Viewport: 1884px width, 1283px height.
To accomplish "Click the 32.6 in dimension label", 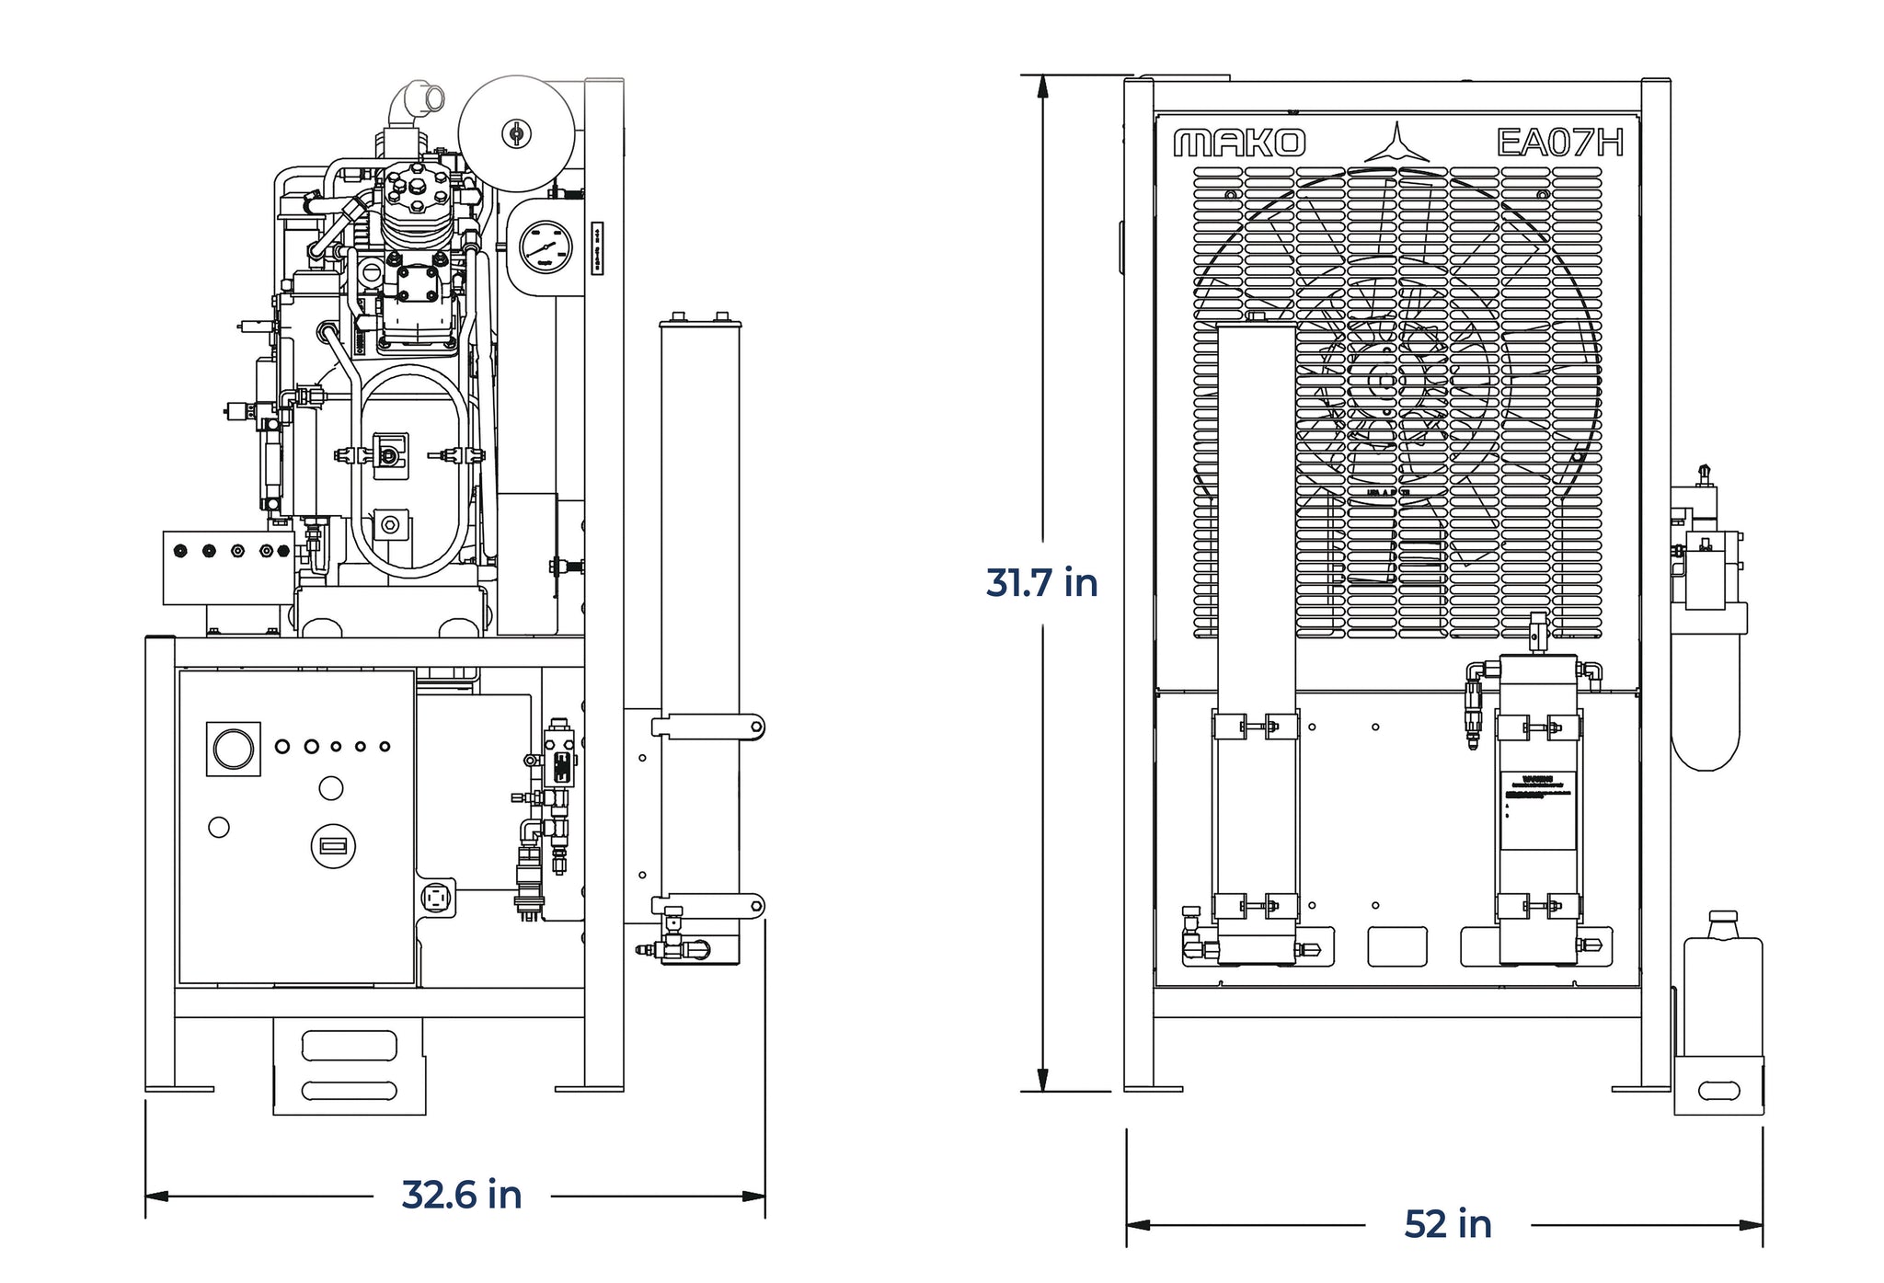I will point(462,1195).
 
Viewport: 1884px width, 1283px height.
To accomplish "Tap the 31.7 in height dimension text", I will point(1041,583).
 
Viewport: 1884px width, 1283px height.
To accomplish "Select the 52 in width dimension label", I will point(1447,1224).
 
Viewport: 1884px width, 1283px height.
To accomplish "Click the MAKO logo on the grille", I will point(1239,143).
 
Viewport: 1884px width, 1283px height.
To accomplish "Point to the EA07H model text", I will point(1559,143).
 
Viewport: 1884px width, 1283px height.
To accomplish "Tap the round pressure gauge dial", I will point(546,246).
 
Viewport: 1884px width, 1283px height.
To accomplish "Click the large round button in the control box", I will point(233,750).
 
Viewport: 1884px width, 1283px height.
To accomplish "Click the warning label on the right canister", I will point(1538,810).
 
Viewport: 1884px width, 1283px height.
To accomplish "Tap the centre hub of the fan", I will point(1383,380).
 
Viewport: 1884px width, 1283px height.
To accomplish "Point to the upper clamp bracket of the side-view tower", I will point(708,727).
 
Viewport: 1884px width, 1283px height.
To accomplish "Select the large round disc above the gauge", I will point(517,134).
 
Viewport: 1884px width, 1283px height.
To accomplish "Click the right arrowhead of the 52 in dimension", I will point(1752,1225).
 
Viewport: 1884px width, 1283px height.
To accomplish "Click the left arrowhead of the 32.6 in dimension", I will point(157,1196).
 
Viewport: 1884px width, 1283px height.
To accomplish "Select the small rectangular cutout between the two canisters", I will point(1396,946).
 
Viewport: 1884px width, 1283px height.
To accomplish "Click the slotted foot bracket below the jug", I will point(1717,1091).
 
